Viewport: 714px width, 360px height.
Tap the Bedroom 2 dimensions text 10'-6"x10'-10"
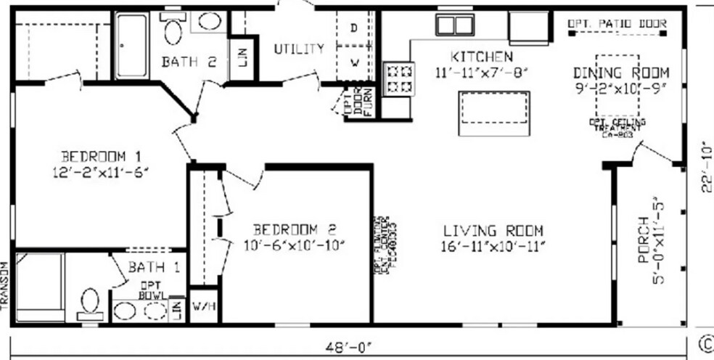click(294, 244)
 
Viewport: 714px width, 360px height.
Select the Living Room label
click(493, 232)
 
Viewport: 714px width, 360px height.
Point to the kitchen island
click(493, 113)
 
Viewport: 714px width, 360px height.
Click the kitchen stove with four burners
click(398, 78)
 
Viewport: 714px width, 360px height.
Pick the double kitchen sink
click(454, 25)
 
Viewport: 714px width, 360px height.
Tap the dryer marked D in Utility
click(354, 28)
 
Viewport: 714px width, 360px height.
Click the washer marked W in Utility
click(355, 62)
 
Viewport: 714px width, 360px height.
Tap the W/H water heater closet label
click(203, 307)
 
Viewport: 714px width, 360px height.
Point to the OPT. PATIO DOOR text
click(617, 24)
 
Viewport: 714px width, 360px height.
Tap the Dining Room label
click(620, 73)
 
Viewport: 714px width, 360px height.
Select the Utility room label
click(299, 49)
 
